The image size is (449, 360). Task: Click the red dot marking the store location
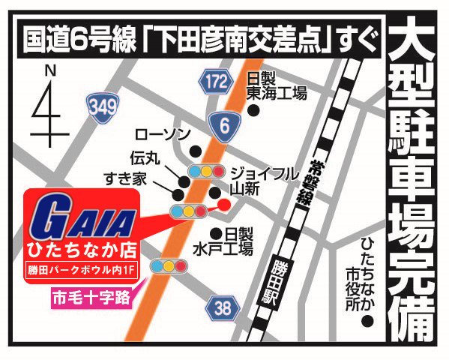(x=223, y=203)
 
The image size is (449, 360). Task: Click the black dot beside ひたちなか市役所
(x=367, y=322)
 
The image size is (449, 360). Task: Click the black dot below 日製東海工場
(x=253, y=110)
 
